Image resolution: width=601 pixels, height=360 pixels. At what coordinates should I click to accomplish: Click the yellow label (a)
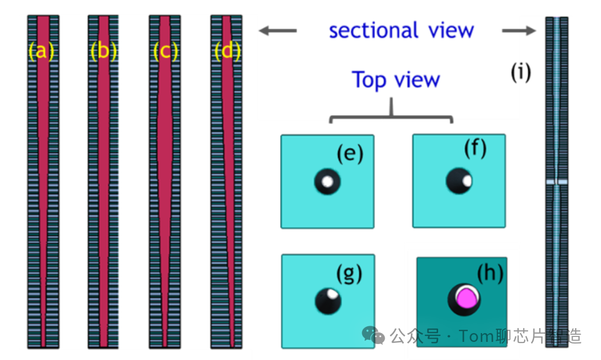click(42, 52)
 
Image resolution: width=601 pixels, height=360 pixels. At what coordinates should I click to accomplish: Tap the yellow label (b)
click(103, 52)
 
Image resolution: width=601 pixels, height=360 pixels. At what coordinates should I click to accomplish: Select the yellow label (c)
click(166, 52)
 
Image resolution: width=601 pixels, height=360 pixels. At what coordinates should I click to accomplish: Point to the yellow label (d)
click(228, 52)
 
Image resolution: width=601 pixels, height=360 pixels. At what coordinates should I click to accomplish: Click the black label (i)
click(520, 72)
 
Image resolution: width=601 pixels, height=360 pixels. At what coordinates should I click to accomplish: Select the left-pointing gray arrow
click(277, 31)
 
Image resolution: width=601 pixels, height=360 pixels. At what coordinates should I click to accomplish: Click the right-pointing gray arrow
click(519, 31)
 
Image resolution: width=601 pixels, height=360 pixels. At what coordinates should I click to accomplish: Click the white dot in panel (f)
click(467, 180)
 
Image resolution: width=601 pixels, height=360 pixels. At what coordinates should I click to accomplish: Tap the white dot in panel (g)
click(332, 295)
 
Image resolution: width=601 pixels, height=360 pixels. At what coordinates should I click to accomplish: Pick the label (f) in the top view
click(475, 149)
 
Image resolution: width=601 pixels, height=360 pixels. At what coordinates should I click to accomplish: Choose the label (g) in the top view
click(349, 273)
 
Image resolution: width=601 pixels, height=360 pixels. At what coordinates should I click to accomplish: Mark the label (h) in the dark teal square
click(489, 273)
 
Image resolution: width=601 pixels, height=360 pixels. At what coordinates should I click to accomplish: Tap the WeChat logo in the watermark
click(377, 336)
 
